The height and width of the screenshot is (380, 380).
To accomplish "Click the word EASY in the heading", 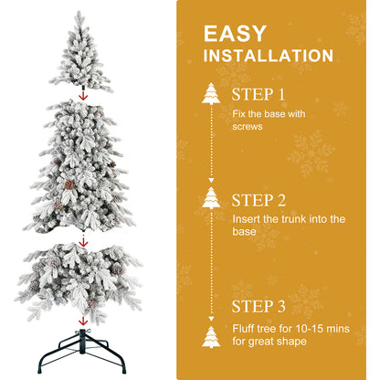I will tap(235, 35).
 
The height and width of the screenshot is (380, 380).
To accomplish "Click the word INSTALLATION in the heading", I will tap(268, 57).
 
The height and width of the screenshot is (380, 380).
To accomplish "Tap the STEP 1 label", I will tap(259, 94).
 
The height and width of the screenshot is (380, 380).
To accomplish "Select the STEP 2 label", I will tap(259, 200).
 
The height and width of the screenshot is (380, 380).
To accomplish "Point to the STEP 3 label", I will tap(259, 306).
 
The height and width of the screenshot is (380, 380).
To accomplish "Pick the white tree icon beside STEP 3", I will tap(211, 335).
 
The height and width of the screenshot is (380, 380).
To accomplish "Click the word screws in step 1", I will tap(248, 126).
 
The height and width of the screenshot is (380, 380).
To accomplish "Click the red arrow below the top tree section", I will tap(83, 94).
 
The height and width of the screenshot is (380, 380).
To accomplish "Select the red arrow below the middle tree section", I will tap(83, 242).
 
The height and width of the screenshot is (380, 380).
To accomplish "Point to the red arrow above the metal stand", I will tap(83, 320).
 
